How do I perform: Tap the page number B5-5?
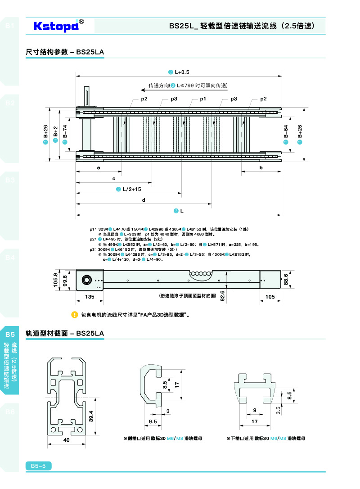(39, 466)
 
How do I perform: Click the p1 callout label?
(203, 99)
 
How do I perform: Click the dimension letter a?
(99, 168)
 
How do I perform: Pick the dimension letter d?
(143, 200)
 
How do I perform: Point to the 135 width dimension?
(90, 297)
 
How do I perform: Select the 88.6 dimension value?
(286, 279)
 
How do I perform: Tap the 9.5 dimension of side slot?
(153, 421)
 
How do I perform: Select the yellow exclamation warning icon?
(75, 315)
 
